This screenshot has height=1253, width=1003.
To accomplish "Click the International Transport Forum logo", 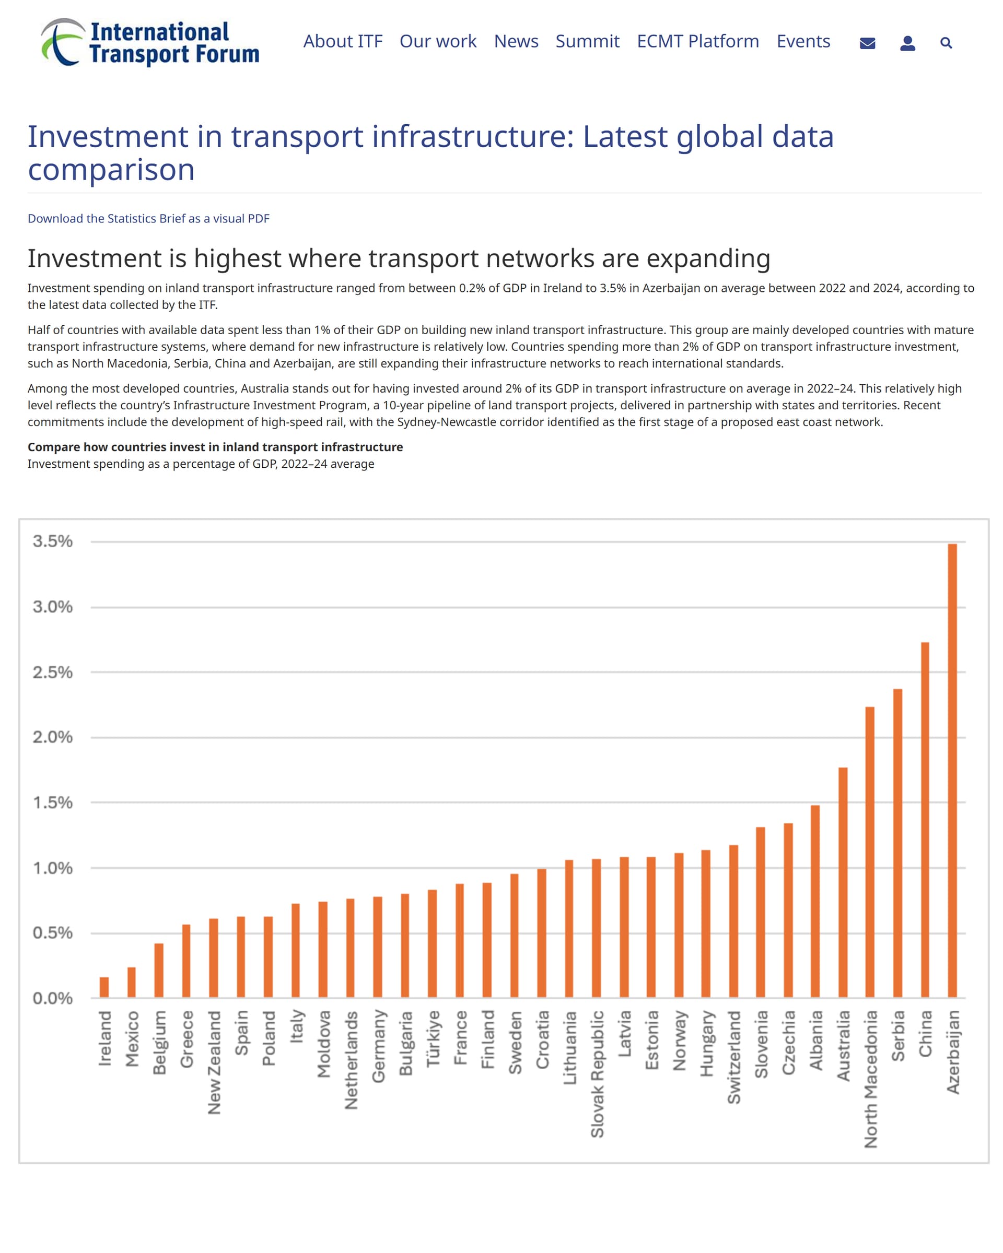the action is tap(150, 42).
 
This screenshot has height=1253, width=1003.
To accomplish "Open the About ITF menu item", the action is tap(343, 41).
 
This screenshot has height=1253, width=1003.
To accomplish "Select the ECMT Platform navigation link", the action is tap(698, 41).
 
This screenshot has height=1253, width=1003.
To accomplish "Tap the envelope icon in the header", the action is tap(867, 43).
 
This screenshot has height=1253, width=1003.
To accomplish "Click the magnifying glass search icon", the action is tap(946, 42).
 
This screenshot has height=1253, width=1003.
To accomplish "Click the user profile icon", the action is tap(907, 43).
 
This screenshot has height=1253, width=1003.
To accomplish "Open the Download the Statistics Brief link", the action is tap(148, 219).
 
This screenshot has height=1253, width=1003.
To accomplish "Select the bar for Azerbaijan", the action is tap(952, 771).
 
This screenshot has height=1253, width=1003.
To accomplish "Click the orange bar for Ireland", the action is tap(104, 987).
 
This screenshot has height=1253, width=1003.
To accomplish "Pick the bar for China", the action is tap(925, 820).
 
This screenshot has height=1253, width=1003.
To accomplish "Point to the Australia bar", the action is tap(843, 883).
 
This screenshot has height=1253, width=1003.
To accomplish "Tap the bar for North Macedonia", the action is tap(870, 853).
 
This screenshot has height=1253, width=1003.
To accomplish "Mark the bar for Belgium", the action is tap(159, 971).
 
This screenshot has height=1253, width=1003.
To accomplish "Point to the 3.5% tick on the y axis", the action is tap(52, 541).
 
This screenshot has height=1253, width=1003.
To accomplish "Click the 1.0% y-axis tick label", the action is tap(52, 868).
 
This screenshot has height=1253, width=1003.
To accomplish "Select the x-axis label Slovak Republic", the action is tap(597, 1073).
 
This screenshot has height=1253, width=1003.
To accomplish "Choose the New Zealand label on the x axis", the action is tap(214, 1062).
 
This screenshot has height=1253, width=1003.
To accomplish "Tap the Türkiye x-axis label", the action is tap(433, 1038).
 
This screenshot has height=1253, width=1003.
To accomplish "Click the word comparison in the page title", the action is tap(111, 170).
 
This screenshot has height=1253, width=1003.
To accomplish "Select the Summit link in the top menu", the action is tap(587, 41).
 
